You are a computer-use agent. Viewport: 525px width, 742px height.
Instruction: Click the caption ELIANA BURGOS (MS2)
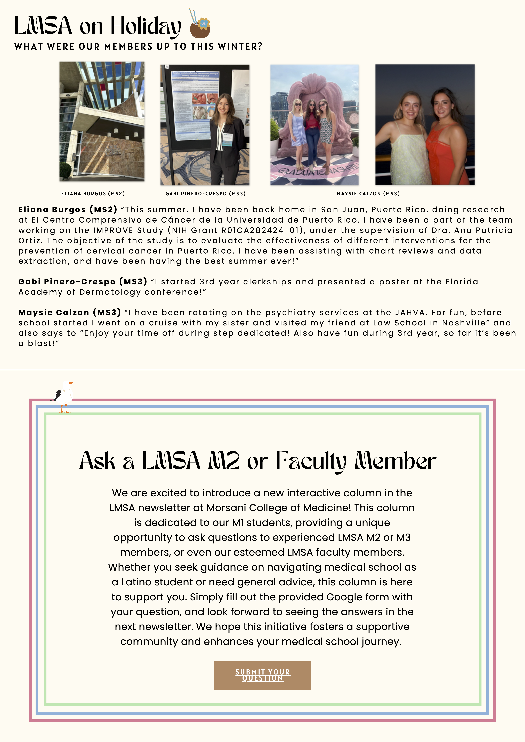[93, 194]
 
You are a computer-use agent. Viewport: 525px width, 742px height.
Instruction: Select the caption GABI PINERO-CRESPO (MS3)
[205, 194]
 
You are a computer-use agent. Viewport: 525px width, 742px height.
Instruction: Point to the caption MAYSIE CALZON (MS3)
[368, 194]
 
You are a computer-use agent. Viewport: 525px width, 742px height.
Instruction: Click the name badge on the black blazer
[227, 139]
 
